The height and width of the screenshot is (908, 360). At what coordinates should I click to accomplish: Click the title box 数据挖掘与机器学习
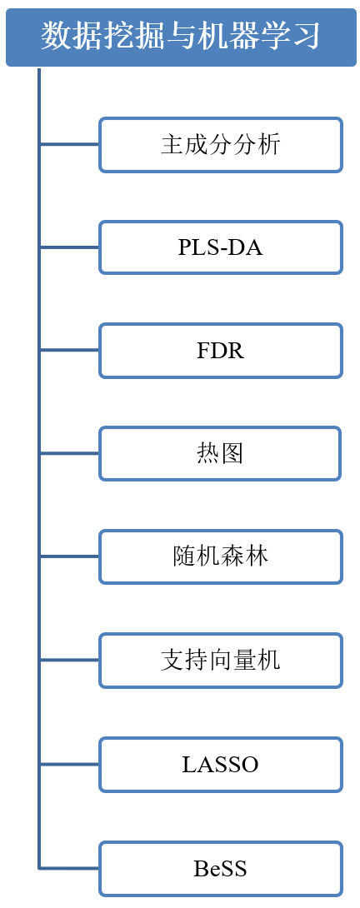tap(181, 37)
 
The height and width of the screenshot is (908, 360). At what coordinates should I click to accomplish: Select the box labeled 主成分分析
tap(221, 145)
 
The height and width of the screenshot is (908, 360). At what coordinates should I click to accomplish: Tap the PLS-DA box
tap(221, 247)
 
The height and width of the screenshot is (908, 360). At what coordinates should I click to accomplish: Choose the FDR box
tap(221, 351)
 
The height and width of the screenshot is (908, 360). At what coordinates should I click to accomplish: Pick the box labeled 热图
tap(220, 453)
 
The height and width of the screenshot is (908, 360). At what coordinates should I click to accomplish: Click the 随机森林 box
tap(221, 556)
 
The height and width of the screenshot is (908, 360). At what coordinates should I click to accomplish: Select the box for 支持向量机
tap(221, 660)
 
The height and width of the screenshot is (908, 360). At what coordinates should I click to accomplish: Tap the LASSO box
tap(221, 765)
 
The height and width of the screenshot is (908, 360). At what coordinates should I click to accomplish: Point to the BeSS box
tap(221, 868)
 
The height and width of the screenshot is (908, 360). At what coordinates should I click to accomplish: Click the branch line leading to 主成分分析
tap(69, 145)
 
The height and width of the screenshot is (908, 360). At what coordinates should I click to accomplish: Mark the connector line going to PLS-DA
tap(69, 247)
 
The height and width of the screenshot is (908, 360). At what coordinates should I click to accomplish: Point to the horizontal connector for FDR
tap(69, 351)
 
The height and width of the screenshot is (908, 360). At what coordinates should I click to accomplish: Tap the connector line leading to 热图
tap(69, 453)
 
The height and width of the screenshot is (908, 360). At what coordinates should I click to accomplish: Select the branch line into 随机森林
tap(69, 556)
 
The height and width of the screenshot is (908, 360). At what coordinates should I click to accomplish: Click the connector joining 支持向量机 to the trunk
tap(69, 660)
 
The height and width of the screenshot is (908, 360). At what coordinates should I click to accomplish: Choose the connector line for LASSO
tap(69, 765)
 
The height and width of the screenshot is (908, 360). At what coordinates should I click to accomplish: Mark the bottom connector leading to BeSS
tap(69, 868)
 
